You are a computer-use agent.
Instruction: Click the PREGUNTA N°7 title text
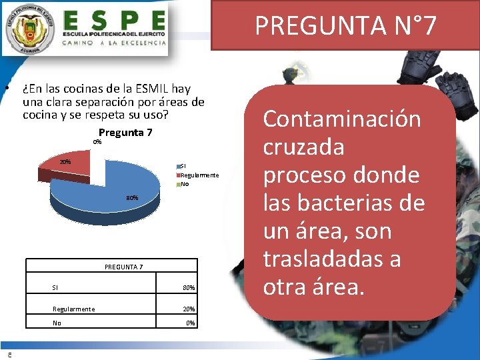[x=345, y=25]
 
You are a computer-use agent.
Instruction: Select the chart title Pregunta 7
[x=125, y=133]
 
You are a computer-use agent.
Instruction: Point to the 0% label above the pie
[x=97, y=142]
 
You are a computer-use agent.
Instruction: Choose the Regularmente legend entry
[x=198, y=175]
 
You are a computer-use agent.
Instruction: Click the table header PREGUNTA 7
[x=124, y=267]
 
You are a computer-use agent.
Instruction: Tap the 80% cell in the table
[x=188, y=288]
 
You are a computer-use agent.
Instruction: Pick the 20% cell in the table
[x=188, y=309]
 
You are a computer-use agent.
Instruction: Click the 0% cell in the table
[x=190, y=323]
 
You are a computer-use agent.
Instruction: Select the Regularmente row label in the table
[x=73, y=309]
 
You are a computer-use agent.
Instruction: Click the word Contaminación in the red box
[x=342, y=119]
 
